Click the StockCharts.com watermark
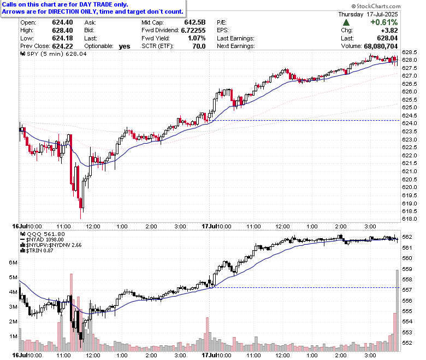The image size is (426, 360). pos(376,6)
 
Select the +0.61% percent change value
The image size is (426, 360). pos(384,22)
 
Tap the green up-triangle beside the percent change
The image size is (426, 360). pos(346,22)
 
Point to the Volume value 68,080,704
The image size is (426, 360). pos(381,46)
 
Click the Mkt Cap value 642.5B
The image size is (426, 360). pos(195,22)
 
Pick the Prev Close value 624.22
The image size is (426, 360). pos(62,46)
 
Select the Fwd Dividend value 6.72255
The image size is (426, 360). pos(193,31)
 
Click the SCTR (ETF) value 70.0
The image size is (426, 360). pos(199,46)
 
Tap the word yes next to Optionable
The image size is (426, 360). pos(125,46)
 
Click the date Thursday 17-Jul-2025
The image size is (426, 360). pos(368,14)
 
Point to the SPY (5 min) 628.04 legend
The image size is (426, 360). pos(54,54)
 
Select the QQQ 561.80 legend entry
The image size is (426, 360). pos(43,234)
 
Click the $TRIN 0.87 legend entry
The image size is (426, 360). pos(37,250)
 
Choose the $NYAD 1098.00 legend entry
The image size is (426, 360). pos(42,240)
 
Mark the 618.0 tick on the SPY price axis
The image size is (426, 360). pos(409,219)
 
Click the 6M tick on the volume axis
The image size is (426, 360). pos(13,262)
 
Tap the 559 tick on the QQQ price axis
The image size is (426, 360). pos(407,269)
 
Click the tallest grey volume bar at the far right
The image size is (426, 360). pos(397,310)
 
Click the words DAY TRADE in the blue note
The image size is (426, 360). pos(96,4)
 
